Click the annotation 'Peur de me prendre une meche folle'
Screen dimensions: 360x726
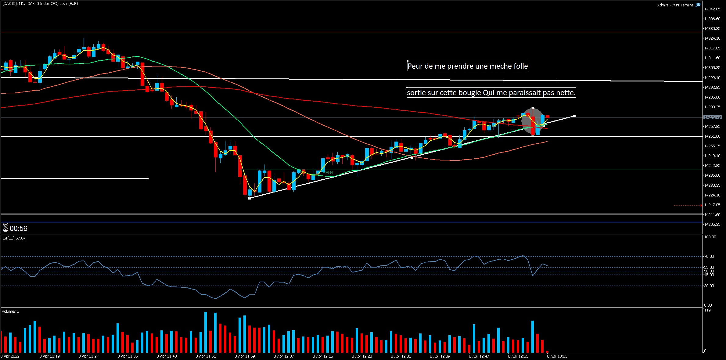click(x=468, y=66)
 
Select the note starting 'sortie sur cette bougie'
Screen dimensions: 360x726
click(x=491, y=93)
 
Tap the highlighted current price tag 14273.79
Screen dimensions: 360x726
click(x=712, y=117)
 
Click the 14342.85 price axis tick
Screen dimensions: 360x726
click(x=712, y=9)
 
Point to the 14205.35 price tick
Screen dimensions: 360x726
click(x=712, y=225)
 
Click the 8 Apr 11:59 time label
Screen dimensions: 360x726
click(x=245, y=356)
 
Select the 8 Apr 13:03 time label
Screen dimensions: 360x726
click(x=557, y=356)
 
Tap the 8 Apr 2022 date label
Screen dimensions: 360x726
click(x=10, y=356)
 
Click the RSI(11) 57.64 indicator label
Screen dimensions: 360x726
click(x=14, y=238)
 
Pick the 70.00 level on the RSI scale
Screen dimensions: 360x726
click(x=709, y=257)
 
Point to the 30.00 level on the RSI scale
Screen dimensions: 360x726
click(x=709, y=286)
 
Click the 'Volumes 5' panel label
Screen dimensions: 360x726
click(x=10, y=311)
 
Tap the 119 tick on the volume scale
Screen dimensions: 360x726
click(x=707, y=310)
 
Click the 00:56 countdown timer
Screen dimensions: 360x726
click(x=18, y=229)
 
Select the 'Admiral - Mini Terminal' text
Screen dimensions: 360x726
click(x=675, y=5)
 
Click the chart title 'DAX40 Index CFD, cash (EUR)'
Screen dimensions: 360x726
click(x=52, y=4)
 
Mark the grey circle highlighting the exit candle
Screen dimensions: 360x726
click(x=533, y=121)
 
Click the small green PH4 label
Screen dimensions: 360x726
click(x=329, y=173)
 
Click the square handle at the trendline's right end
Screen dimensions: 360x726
click(x=574, y=116)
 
